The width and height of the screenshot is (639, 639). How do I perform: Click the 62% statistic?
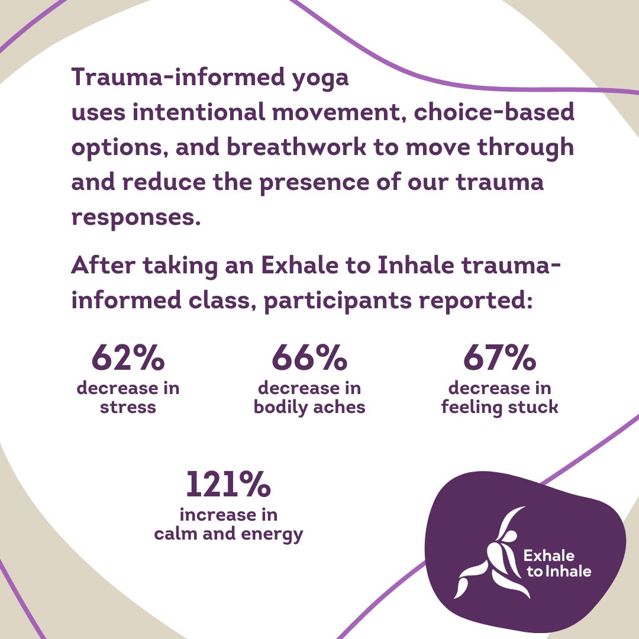128,359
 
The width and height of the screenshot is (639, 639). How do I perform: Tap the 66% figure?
309,359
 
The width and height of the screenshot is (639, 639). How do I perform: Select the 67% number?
500,359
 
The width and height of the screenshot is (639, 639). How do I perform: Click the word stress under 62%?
128,408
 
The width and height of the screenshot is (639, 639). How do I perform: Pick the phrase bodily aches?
309,408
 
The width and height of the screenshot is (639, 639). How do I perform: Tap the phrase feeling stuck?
500,408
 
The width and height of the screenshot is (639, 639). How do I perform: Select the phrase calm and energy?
228,534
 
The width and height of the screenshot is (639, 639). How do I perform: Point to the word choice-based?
494,112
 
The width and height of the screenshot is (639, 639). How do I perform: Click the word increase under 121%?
228,515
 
